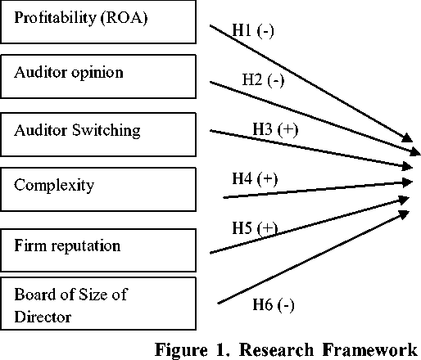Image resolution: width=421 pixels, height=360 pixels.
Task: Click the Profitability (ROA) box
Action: (x=98, y=21)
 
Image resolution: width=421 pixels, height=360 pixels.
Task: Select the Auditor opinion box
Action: (x=98, y=76)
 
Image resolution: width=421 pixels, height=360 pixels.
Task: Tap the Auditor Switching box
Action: (x=98, y=134)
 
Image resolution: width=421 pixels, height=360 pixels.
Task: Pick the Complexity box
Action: (x=98, y=189)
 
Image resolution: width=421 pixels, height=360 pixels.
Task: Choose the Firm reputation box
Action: (x=98, y=250)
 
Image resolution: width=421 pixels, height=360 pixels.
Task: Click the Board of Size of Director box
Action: (x=98, y=304)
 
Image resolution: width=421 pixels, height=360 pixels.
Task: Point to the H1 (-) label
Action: (x=253, y=30)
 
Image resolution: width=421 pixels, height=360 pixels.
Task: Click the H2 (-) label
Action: (x=263, y=80)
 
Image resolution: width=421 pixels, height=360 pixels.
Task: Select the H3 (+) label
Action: (x=275, y=129)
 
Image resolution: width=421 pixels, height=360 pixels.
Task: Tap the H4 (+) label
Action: (x=255, y=179)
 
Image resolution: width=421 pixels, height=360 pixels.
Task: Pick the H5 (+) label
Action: (x=255, y=228)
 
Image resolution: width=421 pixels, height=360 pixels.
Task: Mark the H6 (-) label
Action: (x=274, y=304)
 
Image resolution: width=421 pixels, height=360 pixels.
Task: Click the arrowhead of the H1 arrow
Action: (x=408, y=138)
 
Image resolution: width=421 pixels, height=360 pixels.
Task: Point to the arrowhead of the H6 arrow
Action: (x=404, y=214)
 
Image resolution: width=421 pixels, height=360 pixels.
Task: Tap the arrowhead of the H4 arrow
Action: (x=408, y=182)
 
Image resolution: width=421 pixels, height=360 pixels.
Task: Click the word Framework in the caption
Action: (x=370, y=349)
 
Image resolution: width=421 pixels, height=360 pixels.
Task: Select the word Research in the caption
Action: (x=276, y=349)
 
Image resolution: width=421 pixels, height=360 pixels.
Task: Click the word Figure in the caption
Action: (x=181, y=349)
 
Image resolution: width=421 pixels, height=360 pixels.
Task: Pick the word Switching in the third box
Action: (x=106, y=130)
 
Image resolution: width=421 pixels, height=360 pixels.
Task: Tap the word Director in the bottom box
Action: (x=43, y=317)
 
